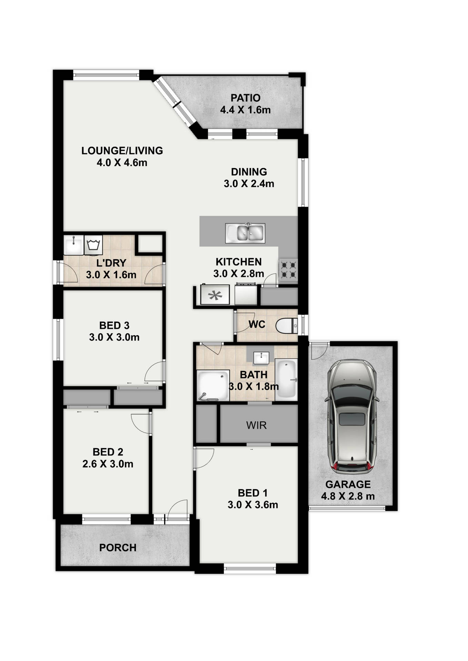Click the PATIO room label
[x=245, y=98]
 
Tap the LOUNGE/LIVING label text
[x=122, y=150]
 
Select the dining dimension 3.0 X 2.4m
[x=249, y=183]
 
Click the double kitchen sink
[x=245, y=233]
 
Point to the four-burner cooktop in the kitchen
[x=288, y=270]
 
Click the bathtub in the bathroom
[x=286, y=379]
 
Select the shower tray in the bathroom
[x=213, y=386]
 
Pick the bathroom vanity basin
[x=261, y=358]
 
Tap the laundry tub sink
[x=73, y=245]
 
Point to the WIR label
[x=256, y=426]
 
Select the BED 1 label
[x=253, y=493]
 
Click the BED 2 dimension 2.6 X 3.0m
[x=108, y=464]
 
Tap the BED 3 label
[x=114, y=325]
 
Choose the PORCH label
[x=118, y=547]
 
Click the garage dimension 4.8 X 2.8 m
[x=348, y=496]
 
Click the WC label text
[x=257, y=324]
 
